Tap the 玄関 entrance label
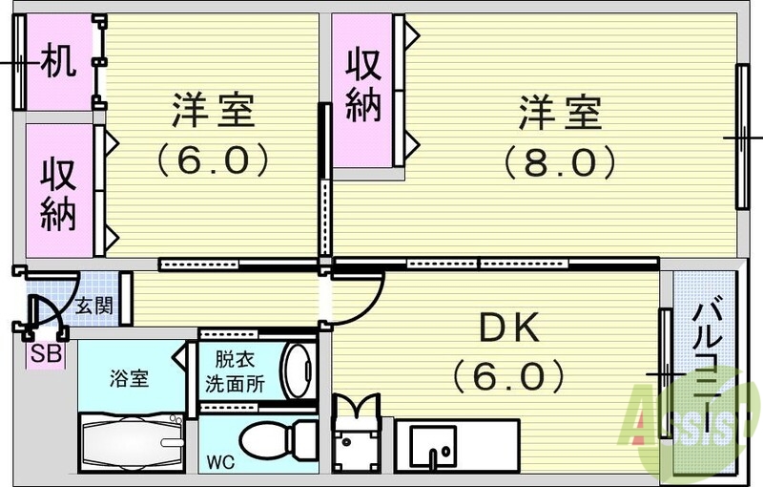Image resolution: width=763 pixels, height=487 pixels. coord(94,307)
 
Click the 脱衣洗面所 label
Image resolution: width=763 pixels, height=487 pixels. coord(236,375)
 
